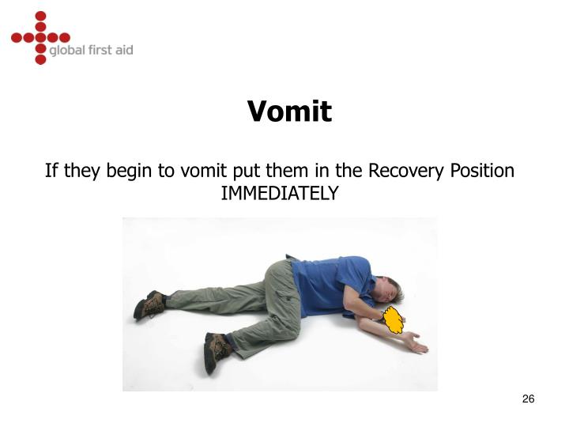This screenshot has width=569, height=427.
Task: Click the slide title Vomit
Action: click(x=289, y=111)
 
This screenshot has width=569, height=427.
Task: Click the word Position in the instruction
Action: click(x=482, y=171)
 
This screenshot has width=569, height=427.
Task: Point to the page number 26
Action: click(x=529, y=399)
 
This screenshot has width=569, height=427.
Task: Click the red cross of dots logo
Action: click(x=40, y=37)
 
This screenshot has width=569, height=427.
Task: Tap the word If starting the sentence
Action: click(x=52, y=171)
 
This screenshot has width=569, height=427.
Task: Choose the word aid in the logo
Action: click(x=122, y=50)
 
